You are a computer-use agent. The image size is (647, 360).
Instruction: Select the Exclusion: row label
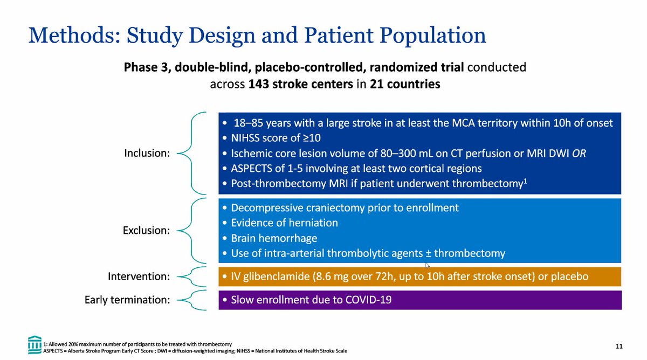click(x=147, y=230)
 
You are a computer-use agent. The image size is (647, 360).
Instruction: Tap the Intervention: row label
click(x=139, y=276)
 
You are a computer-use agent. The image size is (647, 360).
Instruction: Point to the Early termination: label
click(x=127, y=300)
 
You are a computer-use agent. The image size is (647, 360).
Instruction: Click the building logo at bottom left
click(x=35, y=343)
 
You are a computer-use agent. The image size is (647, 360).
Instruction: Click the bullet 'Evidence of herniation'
click(x=284, y=223)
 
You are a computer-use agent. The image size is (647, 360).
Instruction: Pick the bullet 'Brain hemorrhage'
click(x=274, y=238)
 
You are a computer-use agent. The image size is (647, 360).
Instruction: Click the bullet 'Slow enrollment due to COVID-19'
click(x=311, y=300)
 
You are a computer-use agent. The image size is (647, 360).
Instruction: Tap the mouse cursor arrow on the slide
click(x=427, y=265)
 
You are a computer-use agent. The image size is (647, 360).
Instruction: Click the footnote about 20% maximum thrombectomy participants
click(x=137, y=343)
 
